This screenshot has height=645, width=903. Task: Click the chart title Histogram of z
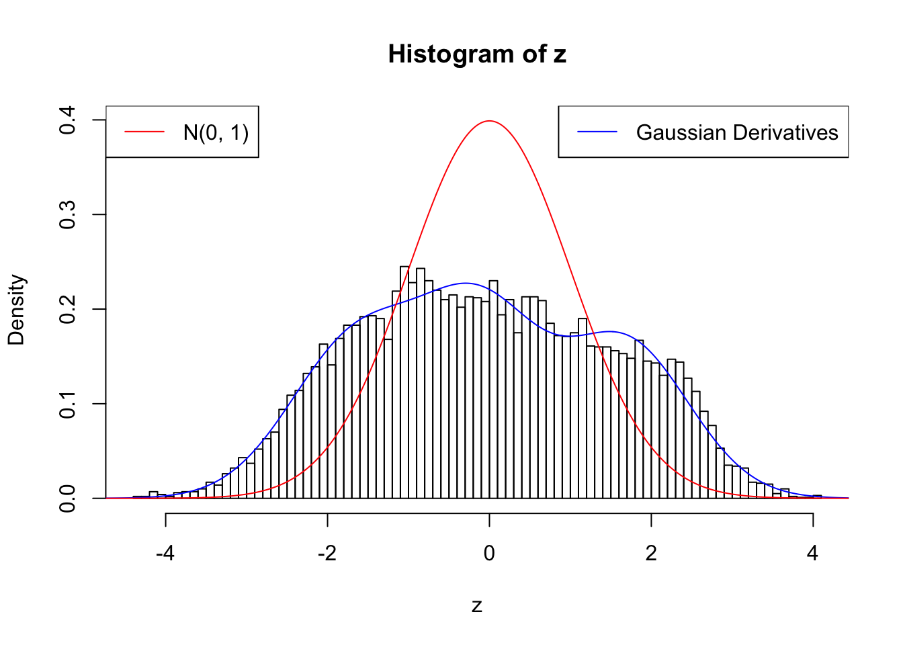[477, 54]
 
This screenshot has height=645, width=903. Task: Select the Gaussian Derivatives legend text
[737, 132]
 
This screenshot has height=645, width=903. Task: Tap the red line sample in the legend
[144, 132]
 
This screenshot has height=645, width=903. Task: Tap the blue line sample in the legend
[597, 132]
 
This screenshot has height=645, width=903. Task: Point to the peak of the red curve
[489, 121]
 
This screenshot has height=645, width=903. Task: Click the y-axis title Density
[16, 310]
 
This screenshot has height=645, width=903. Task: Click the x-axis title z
[477, 606]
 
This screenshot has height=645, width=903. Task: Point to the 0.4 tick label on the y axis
[67, 120]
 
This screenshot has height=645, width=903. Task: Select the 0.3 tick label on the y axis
[67, 215]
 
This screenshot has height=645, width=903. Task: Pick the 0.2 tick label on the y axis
[67, 310]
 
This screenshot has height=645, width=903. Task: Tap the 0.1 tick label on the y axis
[67, 404]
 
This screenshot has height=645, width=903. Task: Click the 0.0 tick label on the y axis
[67, 499]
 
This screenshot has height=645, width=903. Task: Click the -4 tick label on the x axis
[165, 554]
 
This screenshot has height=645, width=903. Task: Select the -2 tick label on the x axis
[327, 554]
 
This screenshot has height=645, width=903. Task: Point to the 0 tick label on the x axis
[489, 554]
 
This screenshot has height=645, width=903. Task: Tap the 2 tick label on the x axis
[651, 554]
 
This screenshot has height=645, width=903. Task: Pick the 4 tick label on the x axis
[813, 554]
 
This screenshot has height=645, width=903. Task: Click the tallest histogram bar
[404, 383]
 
